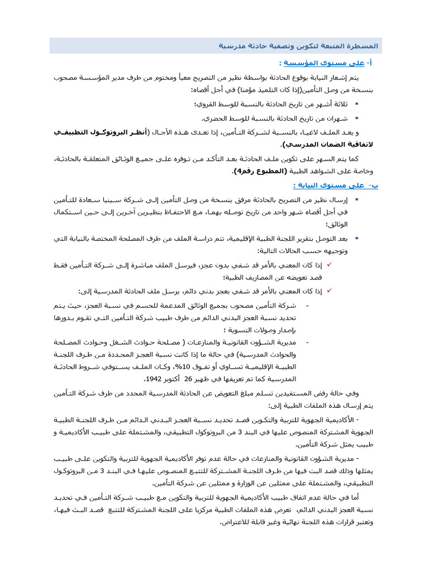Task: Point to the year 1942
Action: [155, 379]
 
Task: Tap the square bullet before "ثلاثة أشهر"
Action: [356, 104]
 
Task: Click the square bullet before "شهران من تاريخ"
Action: [356, 118]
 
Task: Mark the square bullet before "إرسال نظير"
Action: [356, 199]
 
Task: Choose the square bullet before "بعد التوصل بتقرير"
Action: [356, 239]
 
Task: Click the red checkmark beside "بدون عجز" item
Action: [329, 264]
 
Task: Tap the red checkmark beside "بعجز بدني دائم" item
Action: [329, 290]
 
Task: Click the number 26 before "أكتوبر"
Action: [188, 379]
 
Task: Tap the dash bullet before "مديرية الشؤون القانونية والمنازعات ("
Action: [308, 341]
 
